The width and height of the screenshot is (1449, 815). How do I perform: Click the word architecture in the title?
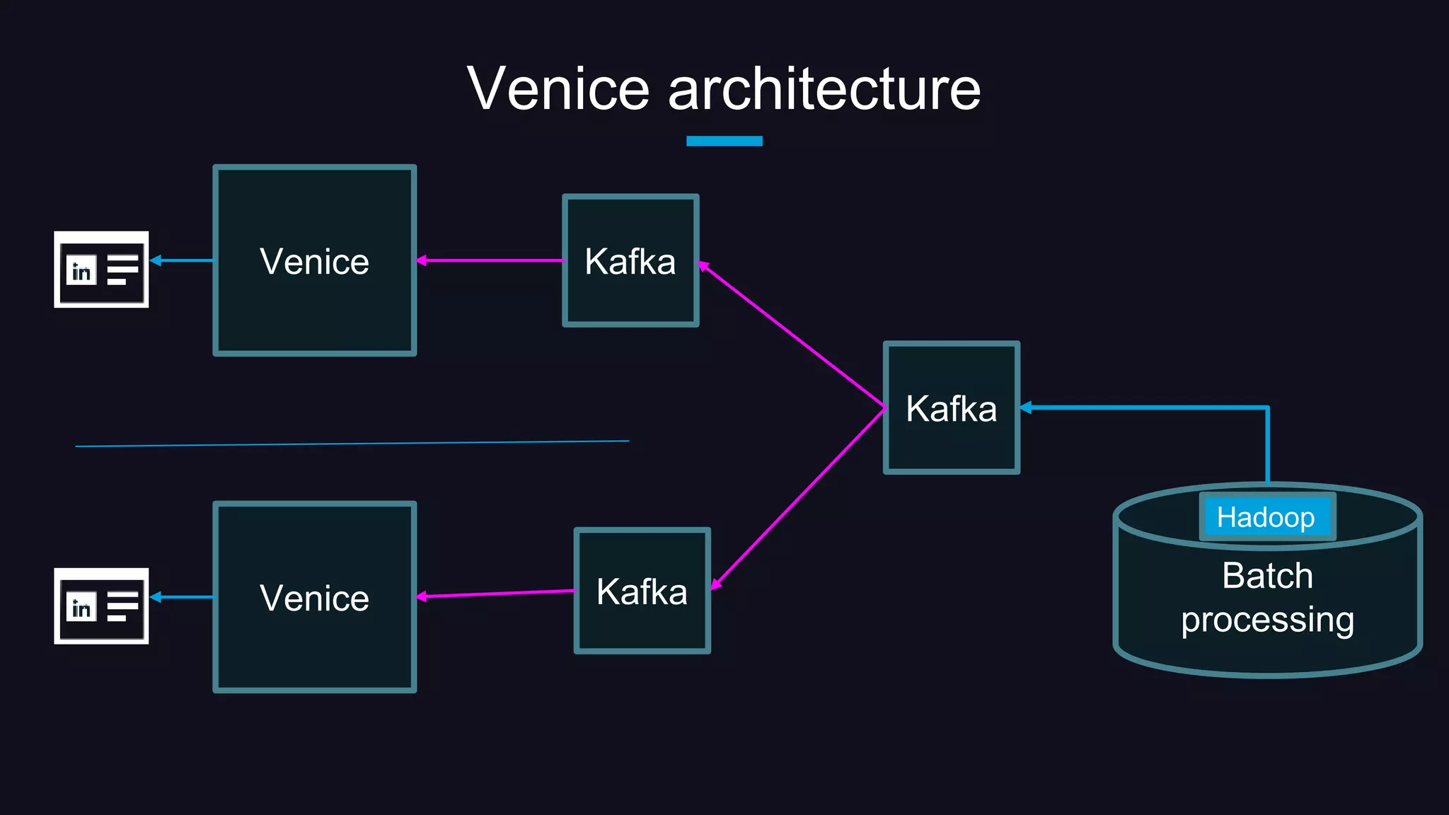824,89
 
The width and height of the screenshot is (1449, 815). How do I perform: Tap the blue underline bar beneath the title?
724,141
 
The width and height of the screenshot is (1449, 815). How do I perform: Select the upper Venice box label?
314,262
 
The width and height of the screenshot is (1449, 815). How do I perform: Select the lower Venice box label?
314,599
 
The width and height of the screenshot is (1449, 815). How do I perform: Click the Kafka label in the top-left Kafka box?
630,262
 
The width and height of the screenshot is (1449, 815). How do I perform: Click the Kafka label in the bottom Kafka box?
642,592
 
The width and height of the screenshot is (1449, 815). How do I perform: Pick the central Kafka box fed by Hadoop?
951,408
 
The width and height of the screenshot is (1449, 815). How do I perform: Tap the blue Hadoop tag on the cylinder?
1266,517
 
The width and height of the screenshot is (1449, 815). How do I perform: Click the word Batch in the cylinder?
1267,575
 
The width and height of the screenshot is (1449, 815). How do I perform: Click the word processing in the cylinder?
1267,620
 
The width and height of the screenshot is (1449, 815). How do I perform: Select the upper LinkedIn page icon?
101,270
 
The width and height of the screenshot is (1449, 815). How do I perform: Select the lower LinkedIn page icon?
101,606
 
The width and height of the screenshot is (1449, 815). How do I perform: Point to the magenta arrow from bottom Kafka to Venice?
495,594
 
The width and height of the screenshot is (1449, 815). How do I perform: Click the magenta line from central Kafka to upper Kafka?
792,335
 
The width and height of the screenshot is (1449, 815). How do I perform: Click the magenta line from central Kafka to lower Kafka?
798,497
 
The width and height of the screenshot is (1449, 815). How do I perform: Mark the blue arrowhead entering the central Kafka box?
1026,407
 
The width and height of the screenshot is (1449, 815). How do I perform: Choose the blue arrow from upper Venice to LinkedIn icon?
182,260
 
